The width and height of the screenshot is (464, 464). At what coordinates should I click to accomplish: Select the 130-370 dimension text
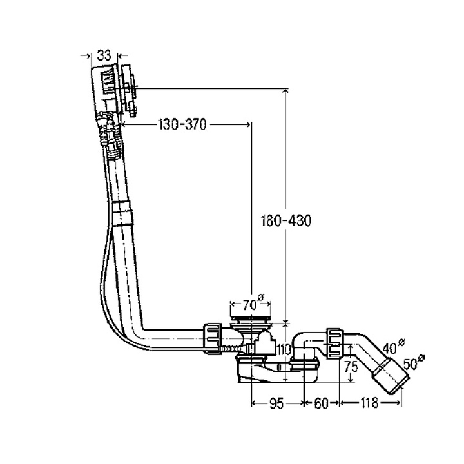click(182, 125)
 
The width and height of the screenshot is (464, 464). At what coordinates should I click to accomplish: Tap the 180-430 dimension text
click(287, 221)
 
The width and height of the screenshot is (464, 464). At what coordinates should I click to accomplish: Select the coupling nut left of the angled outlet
click(334, 343)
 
